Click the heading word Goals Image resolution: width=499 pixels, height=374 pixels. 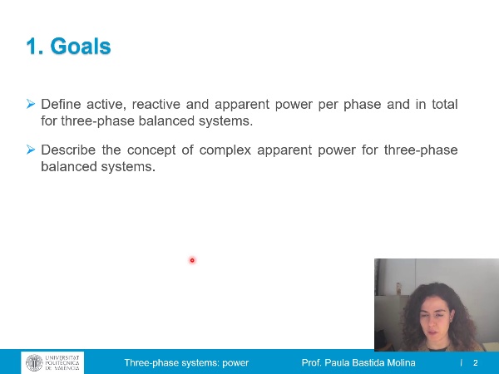point(81,47)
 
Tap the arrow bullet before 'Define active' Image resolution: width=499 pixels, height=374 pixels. point(31,104)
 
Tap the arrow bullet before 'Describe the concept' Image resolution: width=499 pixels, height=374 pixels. point(31,150)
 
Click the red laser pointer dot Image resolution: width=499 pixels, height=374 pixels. point(192,260)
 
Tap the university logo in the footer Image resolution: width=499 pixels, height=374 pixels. point(52,362)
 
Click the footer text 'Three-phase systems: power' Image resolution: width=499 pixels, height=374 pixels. point(186,363)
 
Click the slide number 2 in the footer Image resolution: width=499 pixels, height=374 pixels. point(476,363)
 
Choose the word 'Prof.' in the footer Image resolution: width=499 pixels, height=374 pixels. point(311,363)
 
